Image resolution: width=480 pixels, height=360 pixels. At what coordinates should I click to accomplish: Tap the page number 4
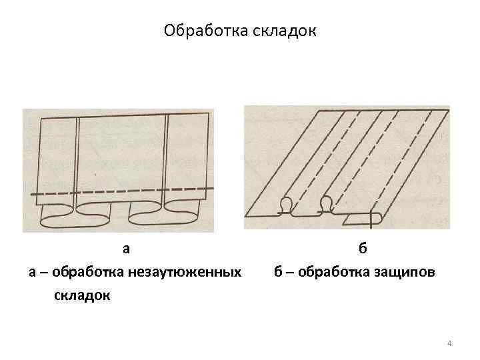coord(449,343)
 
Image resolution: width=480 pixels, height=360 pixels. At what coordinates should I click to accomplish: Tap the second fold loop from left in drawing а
coord(98,215)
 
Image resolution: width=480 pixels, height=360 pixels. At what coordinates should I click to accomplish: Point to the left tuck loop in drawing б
coord(287,205)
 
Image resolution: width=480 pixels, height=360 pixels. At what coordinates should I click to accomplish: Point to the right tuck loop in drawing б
coord(326,203)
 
